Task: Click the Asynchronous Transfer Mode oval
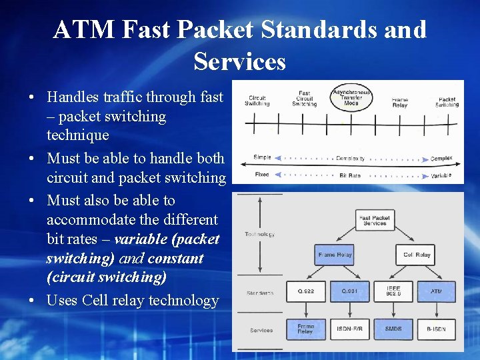coord(351,97)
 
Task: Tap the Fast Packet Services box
coord(375,221)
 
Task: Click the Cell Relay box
coord(417,255)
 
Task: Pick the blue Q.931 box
coord(349,291)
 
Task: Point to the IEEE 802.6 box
coord(393,291)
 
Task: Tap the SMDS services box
coord(393,329)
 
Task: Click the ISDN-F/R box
coord(349,329)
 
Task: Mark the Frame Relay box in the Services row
coord(305,329)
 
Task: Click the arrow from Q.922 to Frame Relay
coord(305,310)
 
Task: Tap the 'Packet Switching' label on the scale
coord(447,102)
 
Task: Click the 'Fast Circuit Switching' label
coord(304,99)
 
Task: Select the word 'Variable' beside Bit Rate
coord(441,175)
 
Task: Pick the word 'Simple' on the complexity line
coord(262,157)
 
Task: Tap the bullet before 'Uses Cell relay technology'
coord(32,301)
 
